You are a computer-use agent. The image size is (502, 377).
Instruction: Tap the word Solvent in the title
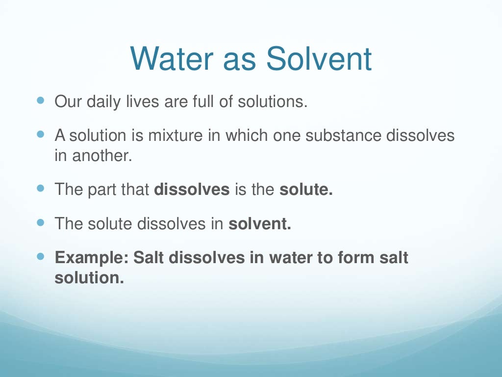(x=319, y=59)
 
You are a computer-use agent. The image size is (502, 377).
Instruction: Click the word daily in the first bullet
(x=104, y=103)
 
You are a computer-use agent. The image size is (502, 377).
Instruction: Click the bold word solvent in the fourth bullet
(x=260, y=224)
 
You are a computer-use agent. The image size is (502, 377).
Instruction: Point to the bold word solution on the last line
(x=89, y=278)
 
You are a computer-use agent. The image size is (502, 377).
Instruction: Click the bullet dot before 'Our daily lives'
(x=40, y=100)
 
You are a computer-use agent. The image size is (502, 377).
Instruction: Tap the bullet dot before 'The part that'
(x=40, y=188)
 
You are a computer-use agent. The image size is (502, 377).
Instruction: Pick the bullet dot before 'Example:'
(x=40, y=256)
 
